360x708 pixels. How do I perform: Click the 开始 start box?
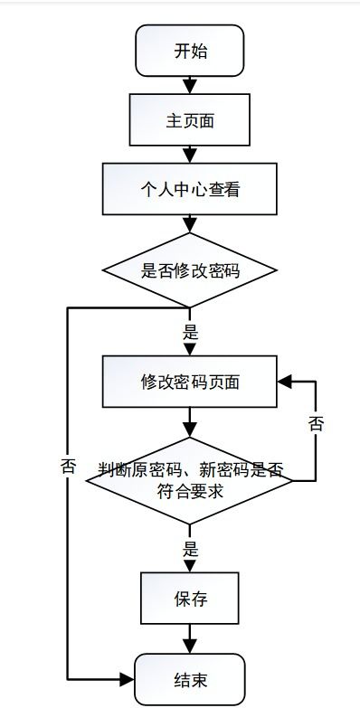click(190, 51)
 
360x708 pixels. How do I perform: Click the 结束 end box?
click(190, 679)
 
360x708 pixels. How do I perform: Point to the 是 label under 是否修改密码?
click(190, 332)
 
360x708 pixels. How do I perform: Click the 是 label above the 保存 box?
click(190, 548)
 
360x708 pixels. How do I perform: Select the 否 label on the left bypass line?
click(69, 467)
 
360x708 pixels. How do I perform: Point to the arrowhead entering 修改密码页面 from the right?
click(285, 381)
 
